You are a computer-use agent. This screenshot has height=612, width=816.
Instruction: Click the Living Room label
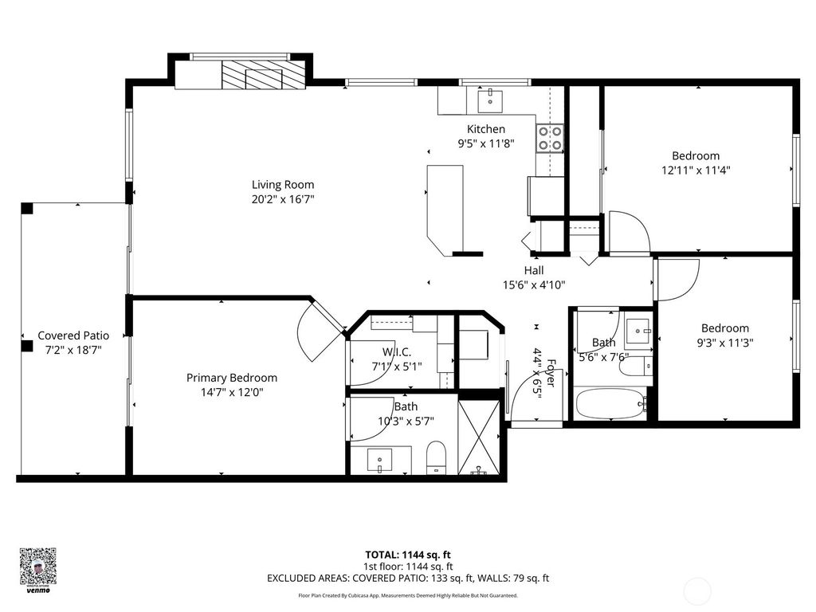click(283, 184)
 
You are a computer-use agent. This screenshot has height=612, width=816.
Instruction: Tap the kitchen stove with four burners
click(551, 138)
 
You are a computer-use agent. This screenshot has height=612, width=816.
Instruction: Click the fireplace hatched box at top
click(263, 76)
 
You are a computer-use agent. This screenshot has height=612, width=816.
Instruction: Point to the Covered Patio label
click(73, 335)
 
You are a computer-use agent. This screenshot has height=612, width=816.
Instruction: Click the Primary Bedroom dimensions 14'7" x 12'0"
click(232, 392)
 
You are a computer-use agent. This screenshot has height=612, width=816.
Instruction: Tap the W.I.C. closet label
click(396, 351)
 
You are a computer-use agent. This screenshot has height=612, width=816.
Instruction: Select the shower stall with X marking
click(479, 437)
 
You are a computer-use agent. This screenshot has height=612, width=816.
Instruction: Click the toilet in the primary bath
click(436, 458)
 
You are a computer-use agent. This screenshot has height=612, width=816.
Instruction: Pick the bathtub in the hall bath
click(610, 404)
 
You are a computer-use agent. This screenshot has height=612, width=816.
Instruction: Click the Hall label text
click(534, 270)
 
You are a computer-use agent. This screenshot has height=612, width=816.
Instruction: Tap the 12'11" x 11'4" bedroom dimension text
click(696, 170)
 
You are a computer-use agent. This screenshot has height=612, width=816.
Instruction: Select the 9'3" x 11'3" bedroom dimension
click(724, 342)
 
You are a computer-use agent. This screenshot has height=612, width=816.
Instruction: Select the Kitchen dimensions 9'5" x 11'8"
click(485, 143)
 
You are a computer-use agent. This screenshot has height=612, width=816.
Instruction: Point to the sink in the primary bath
click(379, 460)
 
